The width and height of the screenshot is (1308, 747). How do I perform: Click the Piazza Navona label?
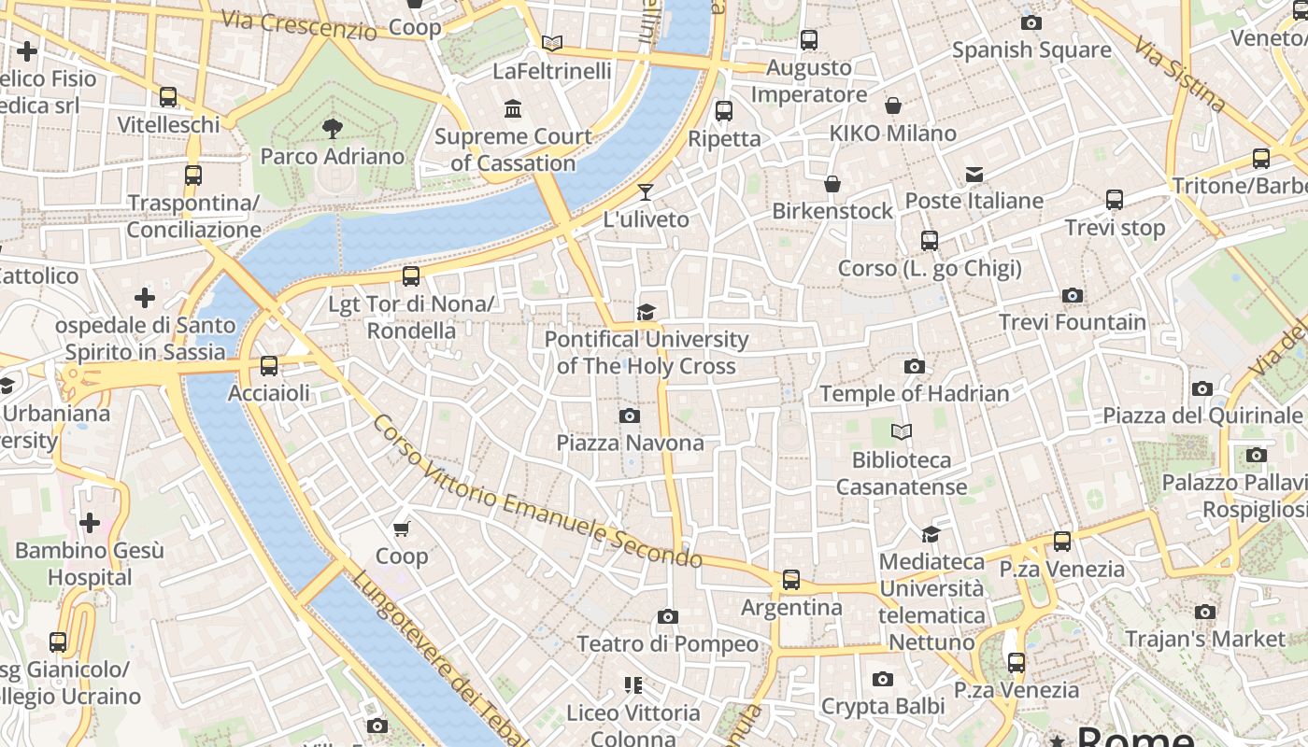pos(630,442)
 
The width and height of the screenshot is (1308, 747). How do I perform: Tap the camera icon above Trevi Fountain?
pos(1072,296)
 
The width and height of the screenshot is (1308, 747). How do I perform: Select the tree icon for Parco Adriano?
pos(332,129)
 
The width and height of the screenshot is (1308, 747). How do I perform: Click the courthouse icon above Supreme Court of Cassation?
pos(513,109)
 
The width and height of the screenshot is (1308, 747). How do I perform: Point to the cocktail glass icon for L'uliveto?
pos(645,193)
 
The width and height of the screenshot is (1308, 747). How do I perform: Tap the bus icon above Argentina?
pos(791,580)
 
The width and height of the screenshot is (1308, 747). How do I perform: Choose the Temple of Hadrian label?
pos(914,393)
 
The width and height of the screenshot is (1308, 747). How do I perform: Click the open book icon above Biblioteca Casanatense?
pos(901,432)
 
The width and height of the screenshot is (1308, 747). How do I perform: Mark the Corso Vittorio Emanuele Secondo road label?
pos(537,492)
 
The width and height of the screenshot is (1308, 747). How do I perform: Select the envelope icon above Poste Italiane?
pos(974,175)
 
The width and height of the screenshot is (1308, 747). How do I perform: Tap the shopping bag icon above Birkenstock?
pos(832,185)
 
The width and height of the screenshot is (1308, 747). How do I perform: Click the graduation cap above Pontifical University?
pos(646,312)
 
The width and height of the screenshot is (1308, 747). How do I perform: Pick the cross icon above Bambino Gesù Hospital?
pos(90,522)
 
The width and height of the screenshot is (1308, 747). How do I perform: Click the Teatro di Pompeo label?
pos(667,643)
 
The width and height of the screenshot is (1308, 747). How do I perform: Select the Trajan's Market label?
pos(1204,639)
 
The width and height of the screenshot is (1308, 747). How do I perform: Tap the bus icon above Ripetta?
pos(723,111)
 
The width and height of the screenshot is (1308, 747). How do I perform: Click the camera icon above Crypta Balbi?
pos(882,679)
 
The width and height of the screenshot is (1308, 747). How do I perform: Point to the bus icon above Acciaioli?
pos(269,365)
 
